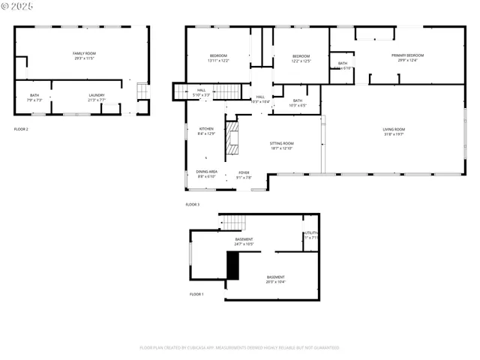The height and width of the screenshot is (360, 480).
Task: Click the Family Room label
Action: [x=84, y=54]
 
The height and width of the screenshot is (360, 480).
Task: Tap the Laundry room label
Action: [x=97, y=95]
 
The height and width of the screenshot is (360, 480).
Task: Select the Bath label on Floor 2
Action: [x=34, y=95]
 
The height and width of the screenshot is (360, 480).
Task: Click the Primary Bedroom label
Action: [x=407, y=55]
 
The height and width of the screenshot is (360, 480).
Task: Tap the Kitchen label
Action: [x=206, y=129]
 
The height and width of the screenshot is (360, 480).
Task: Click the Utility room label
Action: [x=311, y=233]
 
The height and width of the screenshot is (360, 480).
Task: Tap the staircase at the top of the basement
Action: [x=233, y=222]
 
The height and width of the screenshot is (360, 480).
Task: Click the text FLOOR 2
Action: [x=21, y=129]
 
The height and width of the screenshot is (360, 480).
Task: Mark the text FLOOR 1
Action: [x=196, y=294]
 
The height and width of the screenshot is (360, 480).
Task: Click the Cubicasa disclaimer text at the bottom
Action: [x=239, y=347]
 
